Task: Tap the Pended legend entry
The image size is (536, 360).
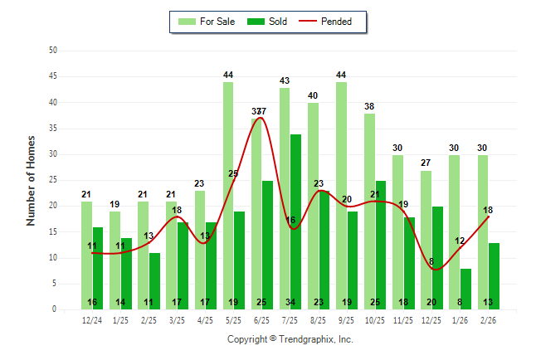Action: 335,22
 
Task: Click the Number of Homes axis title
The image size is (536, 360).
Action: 31,180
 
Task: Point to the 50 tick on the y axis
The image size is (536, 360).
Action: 53,51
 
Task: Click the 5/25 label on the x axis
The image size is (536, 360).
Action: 233,319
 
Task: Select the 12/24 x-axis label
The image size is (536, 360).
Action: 92,319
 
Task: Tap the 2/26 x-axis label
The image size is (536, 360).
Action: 488,319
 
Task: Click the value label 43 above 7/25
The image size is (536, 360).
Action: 285,80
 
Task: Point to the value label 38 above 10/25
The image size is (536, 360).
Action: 369,106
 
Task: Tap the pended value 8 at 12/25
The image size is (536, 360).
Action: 431,262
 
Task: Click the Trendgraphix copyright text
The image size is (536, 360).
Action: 290,339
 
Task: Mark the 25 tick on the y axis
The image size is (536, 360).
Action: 53,180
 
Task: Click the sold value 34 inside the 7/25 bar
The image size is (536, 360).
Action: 295,302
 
